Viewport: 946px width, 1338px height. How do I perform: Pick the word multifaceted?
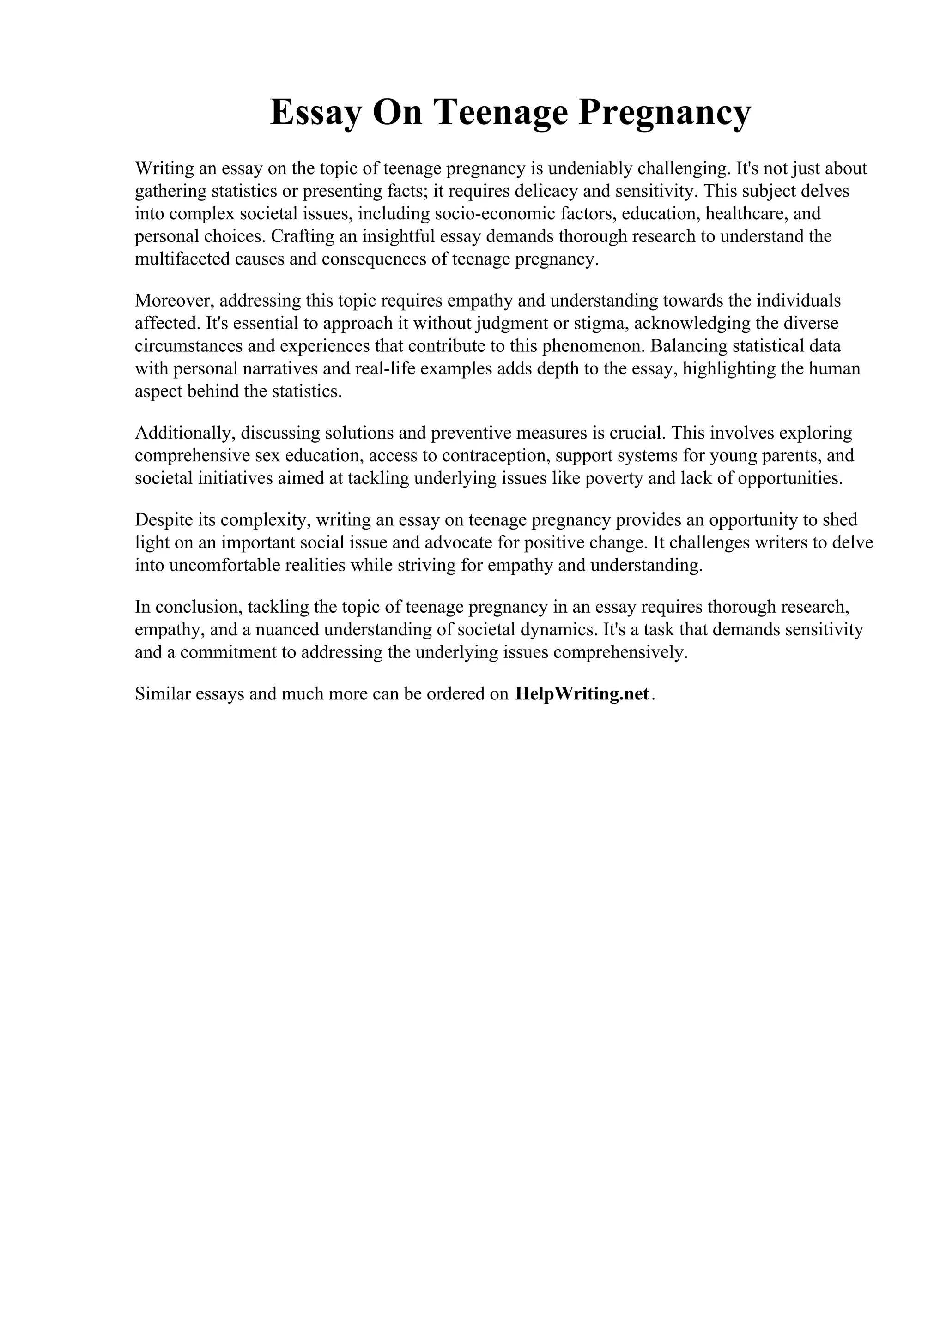click(182, 259)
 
